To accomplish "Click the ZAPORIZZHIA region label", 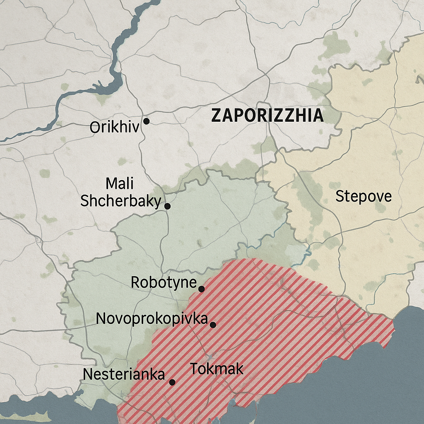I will tap(267, 116).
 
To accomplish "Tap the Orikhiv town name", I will tap(115, 127).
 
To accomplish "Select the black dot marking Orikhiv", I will tap(146, 121).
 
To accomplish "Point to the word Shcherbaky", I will tap(120, 201).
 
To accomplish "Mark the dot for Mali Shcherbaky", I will tap(167, 206).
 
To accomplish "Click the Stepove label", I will tap(363, 196).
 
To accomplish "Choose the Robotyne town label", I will tap(164, 283).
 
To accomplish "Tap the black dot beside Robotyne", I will tap(201, 289).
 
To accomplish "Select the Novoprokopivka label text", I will tap(152, 319).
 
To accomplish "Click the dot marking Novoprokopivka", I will tap(213, 325).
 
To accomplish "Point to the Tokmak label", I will tap(216, 369).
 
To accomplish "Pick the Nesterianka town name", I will tap(124, 375).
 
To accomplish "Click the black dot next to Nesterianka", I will tap(172, 382).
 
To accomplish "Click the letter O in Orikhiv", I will tap(95, 127).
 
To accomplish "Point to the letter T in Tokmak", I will tap(194, 369).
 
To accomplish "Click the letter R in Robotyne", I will tap(135, 283).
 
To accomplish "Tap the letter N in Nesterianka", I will tap(88, 375).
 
